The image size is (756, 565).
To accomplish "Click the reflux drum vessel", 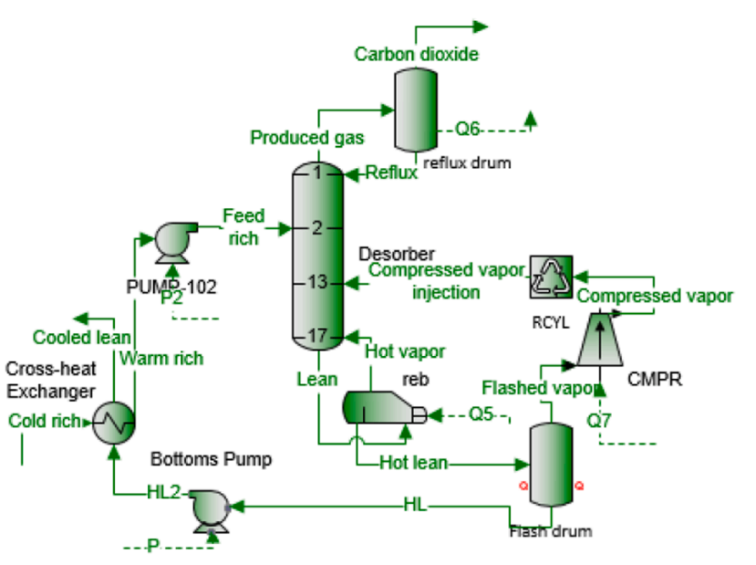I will (418, 109).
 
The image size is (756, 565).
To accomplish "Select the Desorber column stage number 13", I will (316, 282).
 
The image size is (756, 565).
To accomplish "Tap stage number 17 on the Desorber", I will (316, 336).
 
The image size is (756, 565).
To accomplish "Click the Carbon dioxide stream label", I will (417, 55).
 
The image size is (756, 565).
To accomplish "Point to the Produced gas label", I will (307, 138).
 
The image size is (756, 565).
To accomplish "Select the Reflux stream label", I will (391, 173).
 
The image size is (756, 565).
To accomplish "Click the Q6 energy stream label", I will (468, 130).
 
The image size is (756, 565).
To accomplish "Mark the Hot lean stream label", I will (414, 463).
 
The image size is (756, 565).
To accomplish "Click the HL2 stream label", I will (163, 493).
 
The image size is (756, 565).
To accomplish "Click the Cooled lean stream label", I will (82, 338).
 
